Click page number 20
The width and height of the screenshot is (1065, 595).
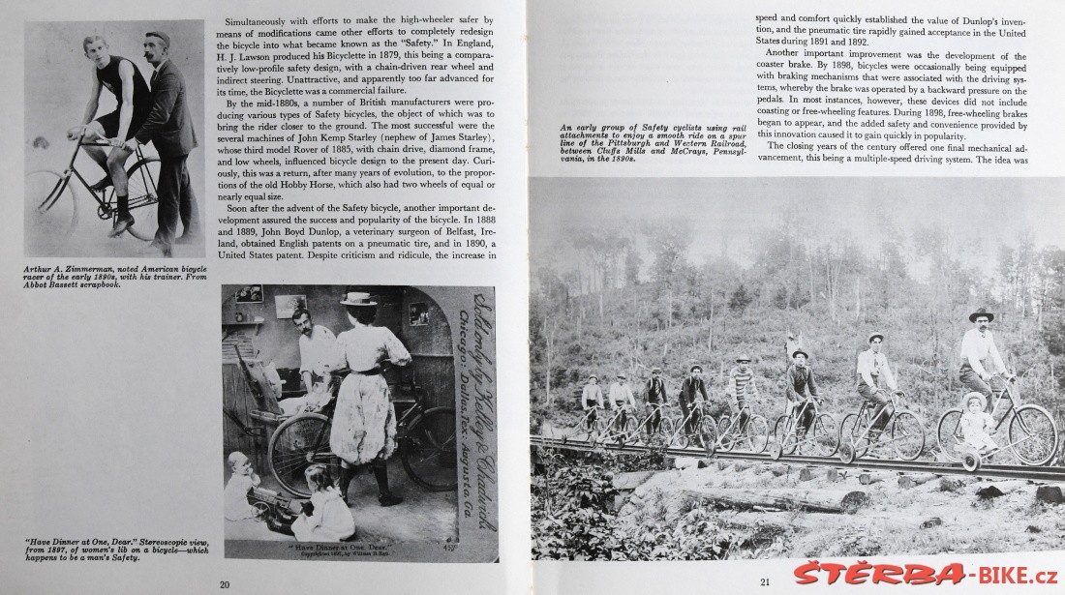click(225, 583)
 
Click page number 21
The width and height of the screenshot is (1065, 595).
click(764, 582)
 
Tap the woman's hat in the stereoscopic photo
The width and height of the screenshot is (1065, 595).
click(358, 299)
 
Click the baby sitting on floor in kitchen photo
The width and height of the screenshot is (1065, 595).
click(242, 483)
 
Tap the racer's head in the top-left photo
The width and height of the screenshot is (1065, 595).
click(94, 47)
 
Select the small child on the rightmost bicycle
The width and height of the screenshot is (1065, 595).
click(974, 420)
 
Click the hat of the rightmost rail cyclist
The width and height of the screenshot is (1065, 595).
click(981, 315)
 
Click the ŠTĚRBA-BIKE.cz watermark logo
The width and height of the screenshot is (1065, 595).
click(926, 573)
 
